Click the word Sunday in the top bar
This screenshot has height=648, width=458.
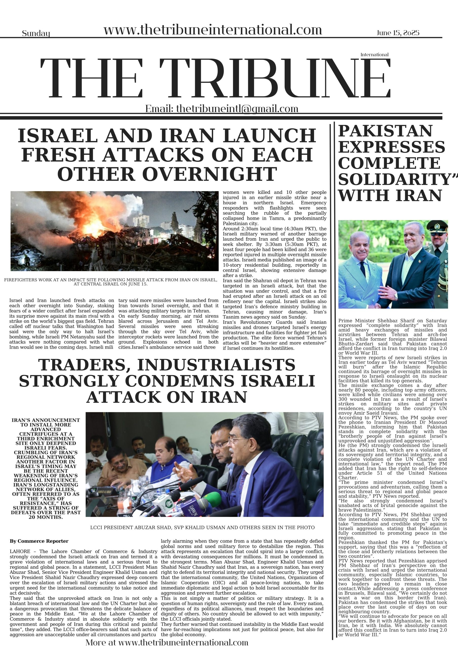pos(36,34)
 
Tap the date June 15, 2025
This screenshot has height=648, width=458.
pos(398,33)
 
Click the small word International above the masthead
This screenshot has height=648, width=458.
pos(374,54)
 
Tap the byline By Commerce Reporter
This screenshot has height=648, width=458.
pos(39,541)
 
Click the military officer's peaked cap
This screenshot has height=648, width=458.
pos(437,226)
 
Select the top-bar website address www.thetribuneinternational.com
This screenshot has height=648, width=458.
pos(213,30)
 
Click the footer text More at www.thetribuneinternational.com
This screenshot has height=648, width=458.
pos(167,642)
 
